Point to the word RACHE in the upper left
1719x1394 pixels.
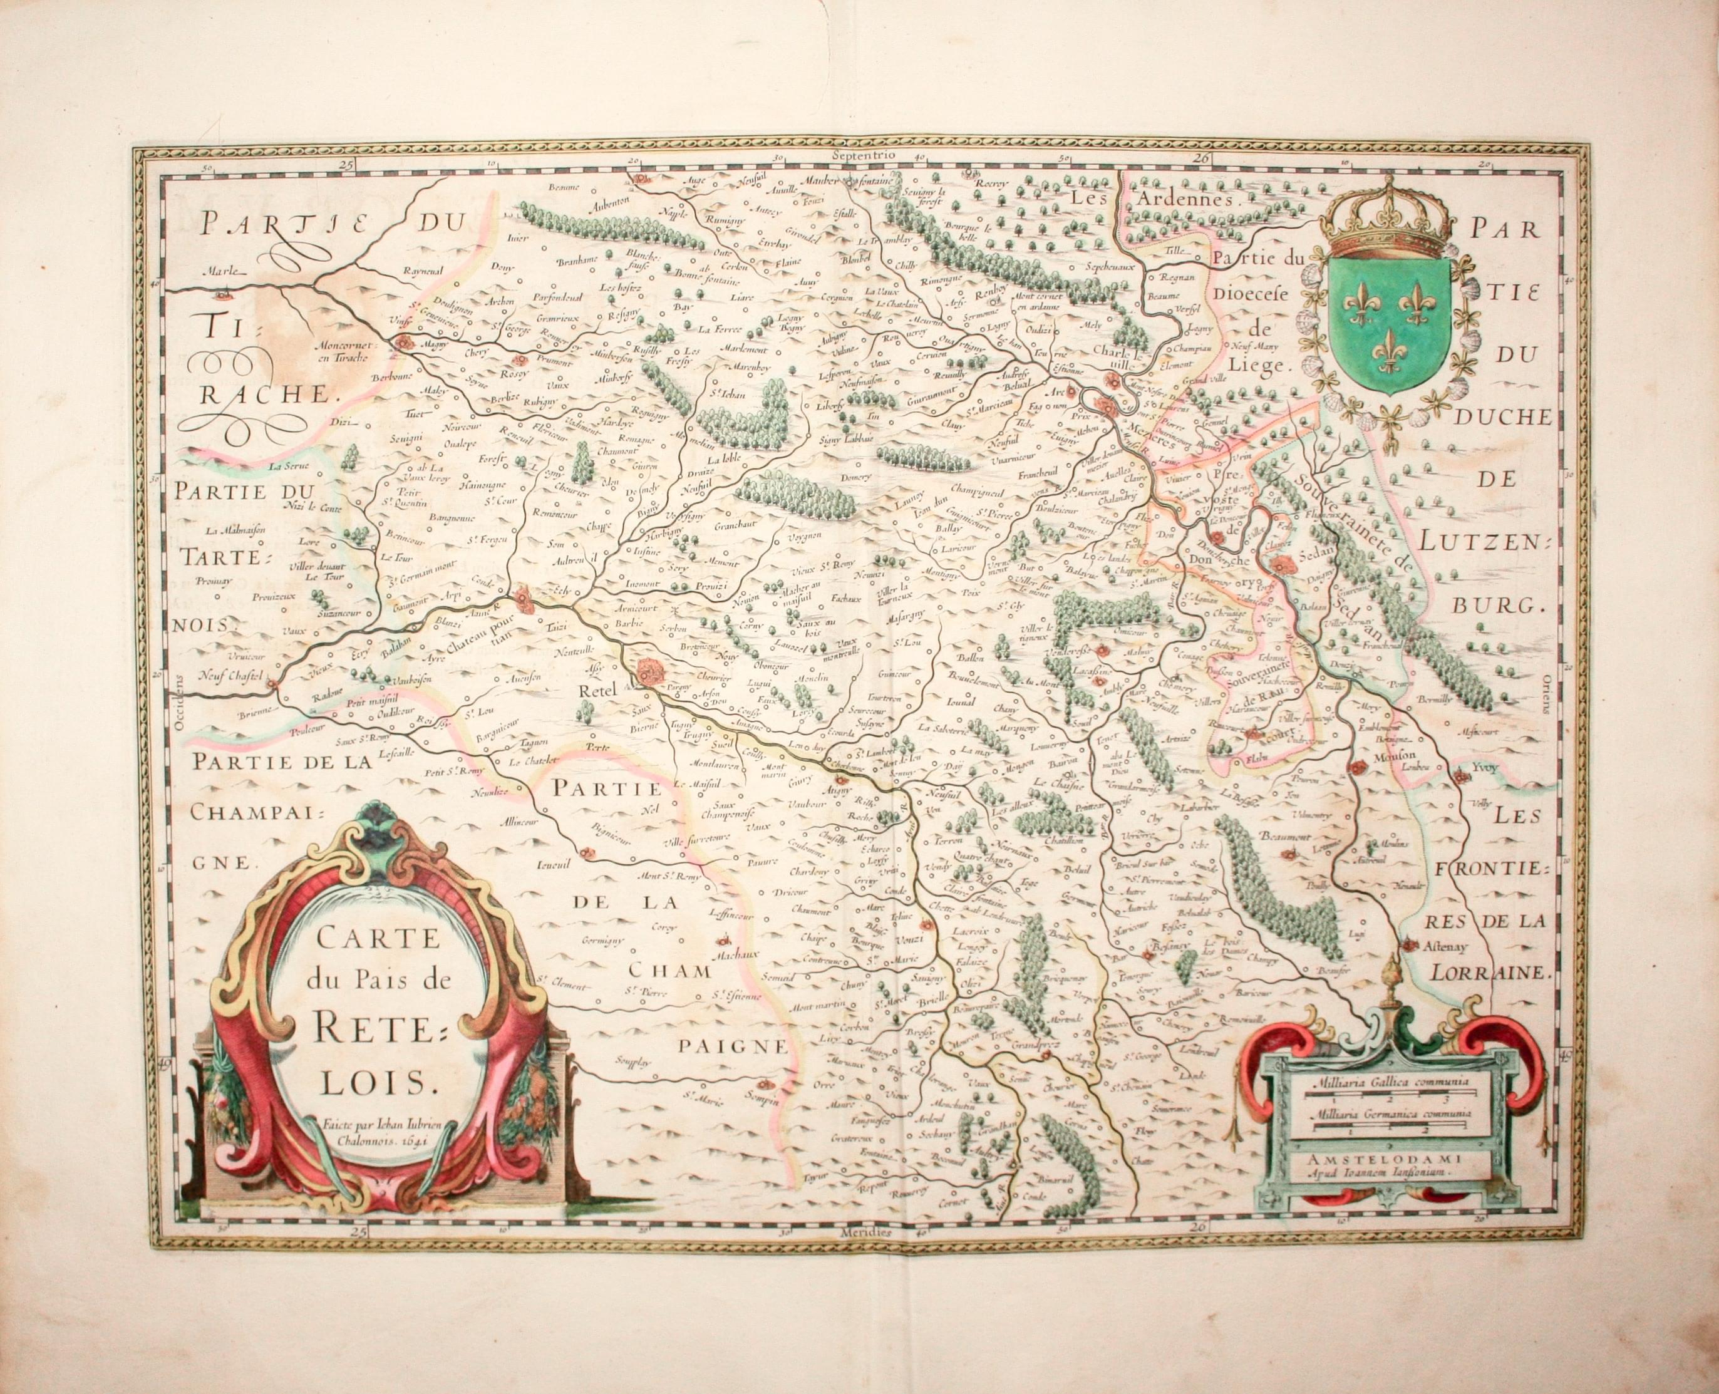coord(261,393)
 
